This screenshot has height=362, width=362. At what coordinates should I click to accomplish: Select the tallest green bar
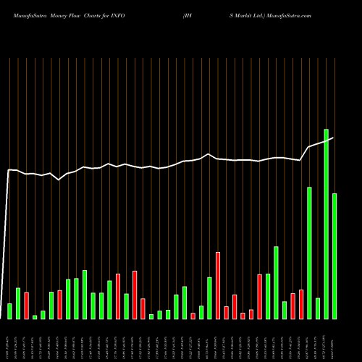[327, 224]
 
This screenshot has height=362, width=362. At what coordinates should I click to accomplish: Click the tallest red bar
[218, 285]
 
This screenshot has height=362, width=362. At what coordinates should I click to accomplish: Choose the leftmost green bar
[10, 311]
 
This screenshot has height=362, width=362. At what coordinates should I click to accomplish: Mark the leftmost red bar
[27, 306]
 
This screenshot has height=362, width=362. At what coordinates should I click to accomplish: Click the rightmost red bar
[301, 304]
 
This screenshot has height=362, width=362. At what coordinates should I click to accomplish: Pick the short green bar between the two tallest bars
[318, 308]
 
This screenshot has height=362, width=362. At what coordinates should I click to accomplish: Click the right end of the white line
[333, 138]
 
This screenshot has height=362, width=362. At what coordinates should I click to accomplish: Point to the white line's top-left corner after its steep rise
[9, 170]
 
